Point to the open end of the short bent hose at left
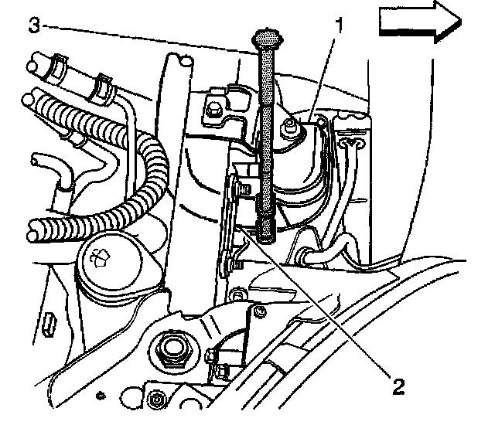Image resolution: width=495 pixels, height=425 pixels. coord(36,164)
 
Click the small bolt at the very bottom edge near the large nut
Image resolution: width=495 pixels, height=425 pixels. coord(158,399)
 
